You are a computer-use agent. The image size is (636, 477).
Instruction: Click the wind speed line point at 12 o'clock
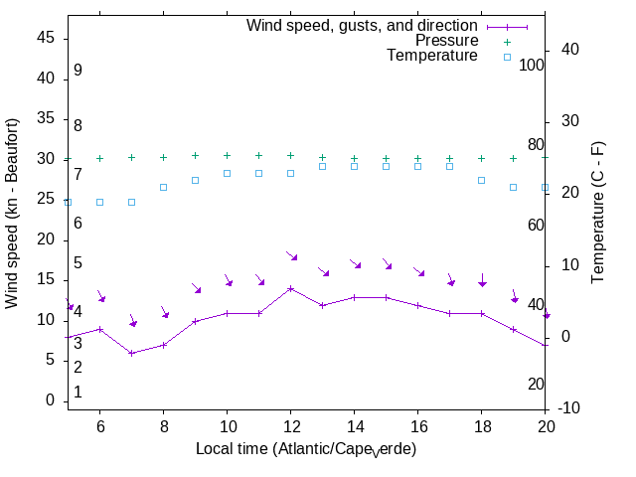pyautogui.click(x=290, y=288)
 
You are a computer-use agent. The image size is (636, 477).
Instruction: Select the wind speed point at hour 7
pyautogui.click(x=131, y=353)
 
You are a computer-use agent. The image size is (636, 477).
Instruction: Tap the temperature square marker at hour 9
pyautogui.click(x=195, y=180)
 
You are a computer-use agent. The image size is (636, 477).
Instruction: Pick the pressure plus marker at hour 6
pyautogui.click(x=99, y=158)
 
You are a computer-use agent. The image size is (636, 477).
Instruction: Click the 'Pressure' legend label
pyautogui.click(x=446, y=41)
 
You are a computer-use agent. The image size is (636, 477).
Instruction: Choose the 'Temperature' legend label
pyautogui.click(x=432, y=56)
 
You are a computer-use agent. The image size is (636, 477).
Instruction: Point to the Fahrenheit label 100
pyautogui.click(x=532, y=65)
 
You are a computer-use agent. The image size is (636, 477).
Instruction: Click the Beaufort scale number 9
pyautogui.click(x=78, y=71)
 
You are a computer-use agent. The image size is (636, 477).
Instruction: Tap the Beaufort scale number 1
pyautogui.click(x=78, y=393)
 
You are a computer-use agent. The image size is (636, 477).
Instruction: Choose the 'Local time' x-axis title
pyautogui.click(x=305, y=449)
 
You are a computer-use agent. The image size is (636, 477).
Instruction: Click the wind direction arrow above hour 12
pyautogui.click(x=292, y=256)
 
